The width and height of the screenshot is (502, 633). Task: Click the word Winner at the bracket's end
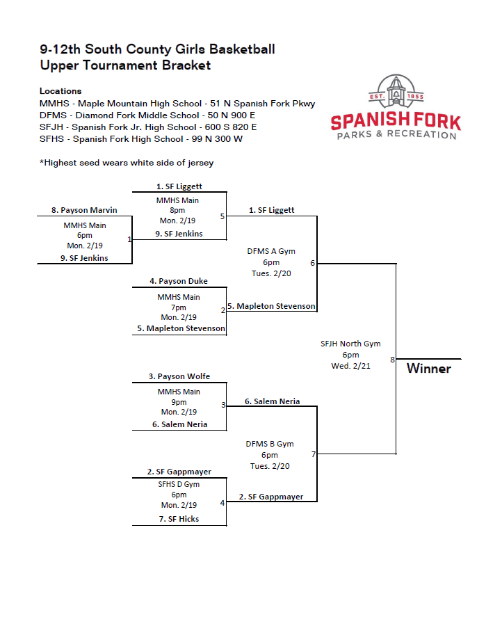click(x=428, y=368)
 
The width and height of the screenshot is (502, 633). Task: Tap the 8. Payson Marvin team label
click(x=84, y=210)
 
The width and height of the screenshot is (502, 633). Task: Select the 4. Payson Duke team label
click(x=179, y=281)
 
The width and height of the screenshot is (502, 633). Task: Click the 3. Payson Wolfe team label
click(x=179, y=376)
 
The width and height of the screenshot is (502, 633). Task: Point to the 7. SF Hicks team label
click(x=179, y=519)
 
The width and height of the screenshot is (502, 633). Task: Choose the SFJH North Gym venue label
click(x=350, y=344)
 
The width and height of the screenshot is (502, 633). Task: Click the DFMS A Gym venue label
click(x=271, y=251)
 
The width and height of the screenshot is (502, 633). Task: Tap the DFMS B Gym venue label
click(x=270, y=444)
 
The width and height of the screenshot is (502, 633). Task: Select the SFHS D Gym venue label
click(x=179, y=484)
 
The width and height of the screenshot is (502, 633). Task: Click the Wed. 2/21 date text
click(x=350, y=366)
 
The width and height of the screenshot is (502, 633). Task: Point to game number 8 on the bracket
click(x=392, y=360)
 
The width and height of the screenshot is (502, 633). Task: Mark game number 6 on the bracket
click(x=312, y=263)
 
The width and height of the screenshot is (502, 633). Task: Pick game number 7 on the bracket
click(x=313, y=454)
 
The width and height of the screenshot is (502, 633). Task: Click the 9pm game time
click(x=179, y=402)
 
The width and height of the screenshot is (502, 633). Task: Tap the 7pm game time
click(x=179, y=307)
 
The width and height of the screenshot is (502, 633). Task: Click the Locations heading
click(x=60, y=91)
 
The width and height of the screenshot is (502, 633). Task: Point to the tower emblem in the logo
click(x=396, y=90)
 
